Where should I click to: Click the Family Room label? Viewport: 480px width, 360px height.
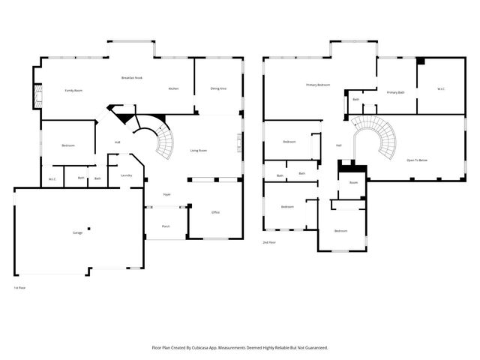point(73,90)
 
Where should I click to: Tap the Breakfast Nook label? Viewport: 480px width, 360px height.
point(132,78)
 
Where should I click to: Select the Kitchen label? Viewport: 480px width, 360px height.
point(173,88)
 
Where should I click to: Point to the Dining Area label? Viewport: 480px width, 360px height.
point(218,88)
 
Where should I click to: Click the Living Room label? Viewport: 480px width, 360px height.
point(199,151)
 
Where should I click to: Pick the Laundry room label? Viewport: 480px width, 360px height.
point(126,175)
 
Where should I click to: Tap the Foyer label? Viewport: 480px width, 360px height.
point(167,194)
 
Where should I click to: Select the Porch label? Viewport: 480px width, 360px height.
point(166,226)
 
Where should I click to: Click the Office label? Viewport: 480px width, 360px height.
point(215,212)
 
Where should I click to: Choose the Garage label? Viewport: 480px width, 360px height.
point(77,232)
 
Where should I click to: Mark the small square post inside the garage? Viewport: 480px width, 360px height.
point(88,228)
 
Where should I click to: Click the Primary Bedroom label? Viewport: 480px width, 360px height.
point(318,85)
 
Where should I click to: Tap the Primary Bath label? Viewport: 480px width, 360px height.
point(395,91)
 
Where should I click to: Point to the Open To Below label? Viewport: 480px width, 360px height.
point(417,160)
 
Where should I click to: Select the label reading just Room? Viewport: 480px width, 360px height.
point(353,182)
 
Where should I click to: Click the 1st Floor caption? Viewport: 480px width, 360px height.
point(20,287)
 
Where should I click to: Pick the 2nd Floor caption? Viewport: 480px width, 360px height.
point(268,243)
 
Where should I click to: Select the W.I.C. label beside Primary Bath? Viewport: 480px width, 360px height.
point(441,89)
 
